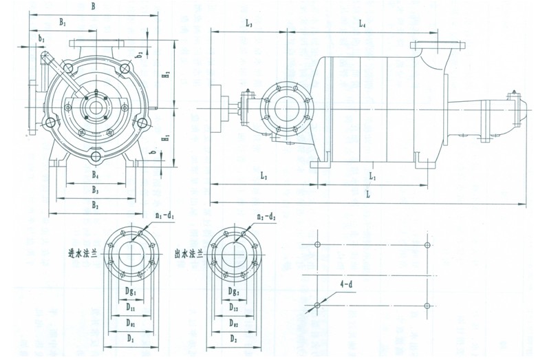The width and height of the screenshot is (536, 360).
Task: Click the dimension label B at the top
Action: coord(94,6)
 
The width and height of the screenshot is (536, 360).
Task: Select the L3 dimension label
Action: coord(248,24)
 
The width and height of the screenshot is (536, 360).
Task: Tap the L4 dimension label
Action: coord(363,24)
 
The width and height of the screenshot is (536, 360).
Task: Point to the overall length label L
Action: coord(368,195)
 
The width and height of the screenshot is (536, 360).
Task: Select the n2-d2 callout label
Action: coord(265,217)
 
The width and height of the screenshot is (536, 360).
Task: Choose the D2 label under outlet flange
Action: coord(233,339)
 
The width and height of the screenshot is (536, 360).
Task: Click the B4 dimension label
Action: coord(96,175)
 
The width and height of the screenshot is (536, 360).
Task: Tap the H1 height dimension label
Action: coord(166,138)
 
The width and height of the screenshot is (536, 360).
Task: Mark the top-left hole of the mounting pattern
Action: coord(317,244)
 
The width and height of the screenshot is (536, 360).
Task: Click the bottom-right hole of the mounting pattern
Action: coord(427,305)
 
